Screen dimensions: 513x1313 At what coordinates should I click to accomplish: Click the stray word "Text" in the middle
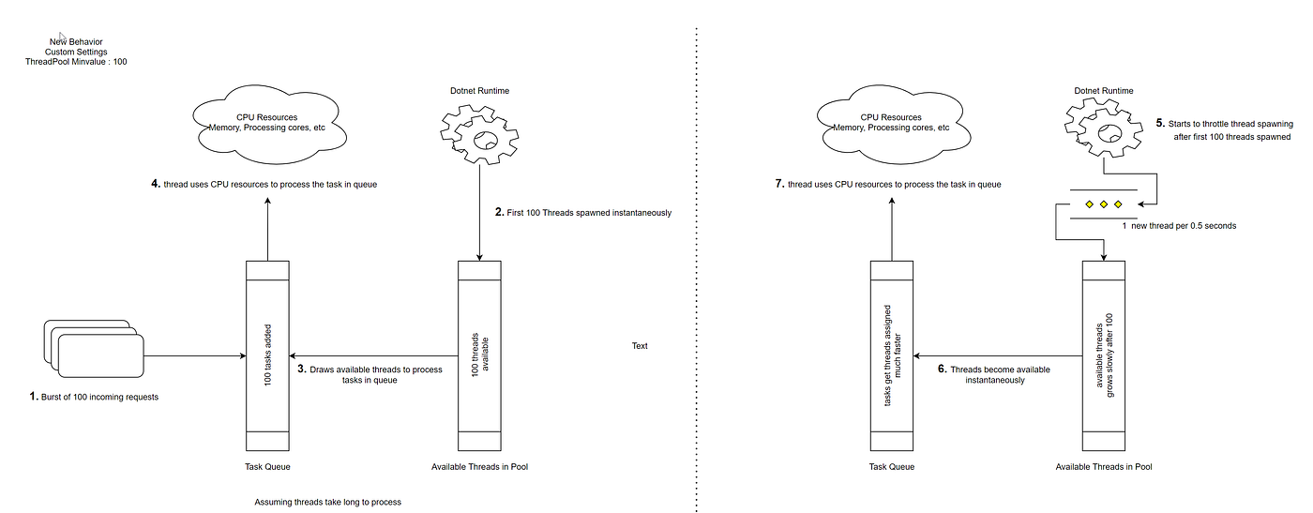click(x=640, y=346)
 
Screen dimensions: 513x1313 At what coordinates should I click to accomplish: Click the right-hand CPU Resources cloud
click(x=892, y=122)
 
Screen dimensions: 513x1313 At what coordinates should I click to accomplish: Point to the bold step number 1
click(x=34, y=397)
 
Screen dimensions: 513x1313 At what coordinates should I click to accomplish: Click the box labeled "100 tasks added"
click(x=268, y=355)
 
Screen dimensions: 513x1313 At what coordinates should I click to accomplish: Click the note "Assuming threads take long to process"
click(x=327, y=502)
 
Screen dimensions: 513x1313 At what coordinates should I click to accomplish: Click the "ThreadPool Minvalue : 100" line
click(x=75, y=62)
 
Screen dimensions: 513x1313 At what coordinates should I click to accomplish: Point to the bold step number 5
click(x=1160, y=123)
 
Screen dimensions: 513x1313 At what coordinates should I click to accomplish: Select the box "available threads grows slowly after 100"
click(x=1105, y=355)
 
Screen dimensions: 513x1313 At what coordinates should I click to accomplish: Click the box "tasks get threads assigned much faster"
click(x=892, y=355)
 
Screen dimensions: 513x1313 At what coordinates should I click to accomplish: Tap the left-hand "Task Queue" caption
click(x=267, y=466)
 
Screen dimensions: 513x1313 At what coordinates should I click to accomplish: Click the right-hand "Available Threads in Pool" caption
click(x=1104, y=466)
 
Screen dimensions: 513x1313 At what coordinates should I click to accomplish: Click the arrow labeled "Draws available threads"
click(x=375, y=355)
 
